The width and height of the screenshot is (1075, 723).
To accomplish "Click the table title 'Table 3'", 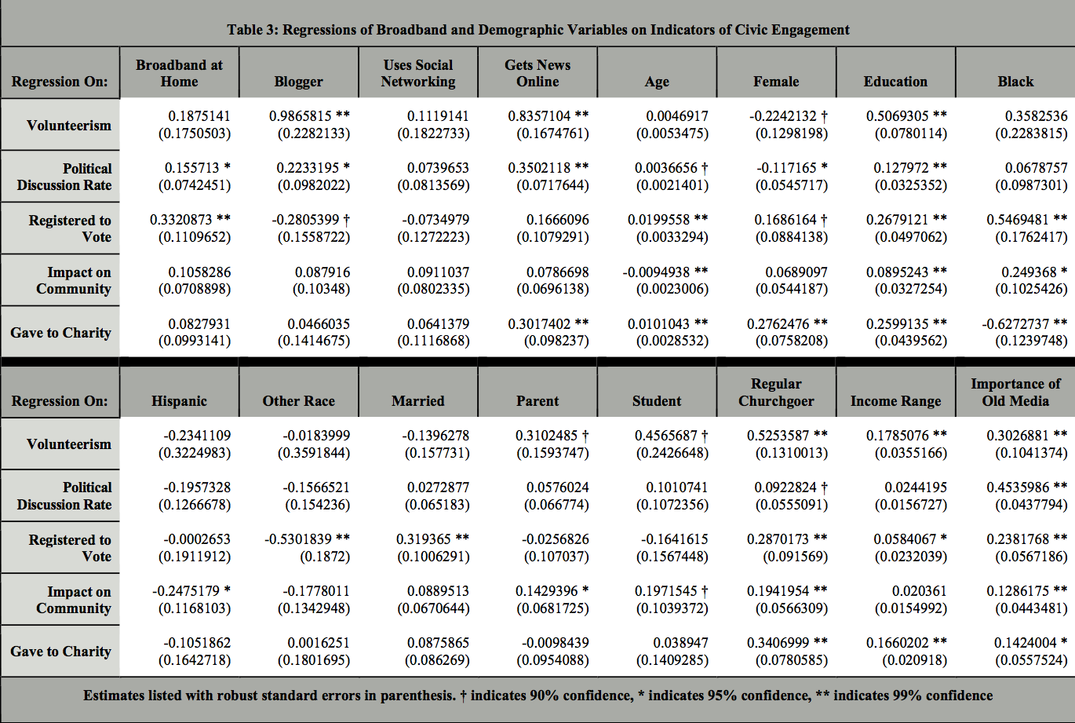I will click(x=537, y=30).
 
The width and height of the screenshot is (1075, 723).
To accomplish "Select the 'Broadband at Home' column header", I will click(x=179, y=73).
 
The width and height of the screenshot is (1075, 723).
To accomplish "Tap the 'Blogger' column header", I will click(x=298, y=82).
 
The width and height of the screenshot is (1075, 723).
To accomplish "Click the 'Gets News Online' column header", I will click(x=537, y=73).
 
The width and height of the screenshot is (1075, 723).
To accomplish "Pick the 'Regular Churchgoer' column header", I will click(x=776, y=393).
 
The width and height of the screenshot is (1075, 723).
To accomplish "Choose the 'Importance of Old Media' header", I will click(x=1015, y=393).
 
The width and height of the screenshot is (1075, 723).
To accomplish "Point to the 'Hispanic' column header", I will click(x=179, y=401).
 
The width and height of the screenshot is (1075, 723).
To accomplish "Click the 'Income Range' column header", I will click(x=895, y=401).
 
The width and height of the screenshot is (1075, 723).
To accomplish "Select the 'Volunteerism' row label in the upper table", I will click(x=69, y=126).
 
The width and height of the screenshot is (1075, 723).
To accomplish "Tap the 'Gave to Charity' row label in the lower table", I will click(x=60, y=652).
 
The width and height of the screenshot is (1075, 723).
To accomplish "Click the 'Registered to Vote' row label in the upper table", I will click(x=70, y=228).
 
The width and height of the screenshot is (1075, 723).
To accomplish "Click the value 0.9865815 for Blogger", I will click(x=301, y=116).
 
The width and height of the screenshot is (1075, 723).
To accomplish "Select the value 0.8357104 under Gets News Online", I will click(x=539, y=116).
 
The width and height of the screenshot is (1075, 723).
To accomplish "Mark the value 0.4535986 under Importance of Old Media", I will click(x=1019, y=487).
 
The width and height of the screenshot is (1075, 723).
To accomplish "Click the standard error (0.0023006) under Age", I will click(x=672, y=289).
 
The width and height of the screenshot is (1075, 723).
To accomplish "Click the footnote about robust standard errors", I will click(x=537, y=696).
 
